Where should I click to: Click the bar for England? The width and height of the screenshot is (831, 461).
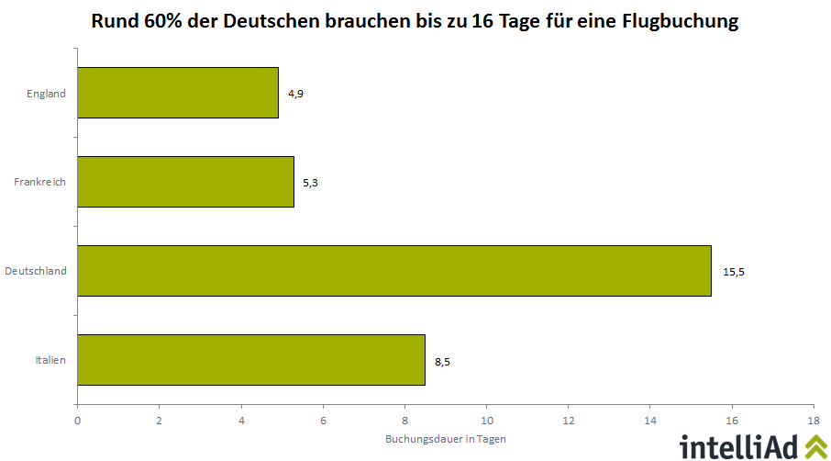(178, 93)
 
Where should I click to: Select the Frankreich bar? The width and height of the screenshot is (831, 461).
(185, 182)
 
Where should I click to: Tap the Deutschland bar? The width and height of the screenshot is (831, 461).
(394, 271)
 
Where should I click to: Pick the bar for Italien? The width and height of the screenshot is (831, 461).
(251, 360)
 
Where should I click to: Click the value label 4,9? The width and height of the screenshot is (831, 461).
(295, 94)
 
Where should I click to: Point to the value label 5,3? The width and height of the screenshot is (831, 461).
(310, 183)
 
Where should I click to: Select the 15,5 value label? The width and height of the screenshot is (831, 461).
(734, 272)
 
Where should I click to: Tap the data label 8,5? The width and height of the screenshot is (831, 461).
(442, 361)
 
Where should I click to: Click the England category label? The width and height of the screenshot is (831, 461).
(47, 94)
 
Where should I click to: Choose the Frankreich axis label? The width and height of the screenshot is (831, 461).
(40, 183)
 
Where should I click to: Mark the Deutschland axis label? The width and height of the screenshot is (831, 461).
(36, 272)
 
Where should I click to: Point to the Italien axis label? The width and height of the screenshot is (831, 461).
(50, 361)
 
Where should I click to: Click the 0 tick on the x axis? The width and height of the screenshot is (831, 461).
(78, 420)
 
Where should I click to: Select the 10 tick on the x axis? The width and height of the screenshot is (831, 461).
(486, 420)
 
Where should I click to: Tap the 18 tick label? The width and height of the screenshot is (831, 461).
(814, 420)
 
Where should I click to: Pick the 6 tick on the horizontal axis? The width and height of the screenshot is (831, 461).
(323, 420)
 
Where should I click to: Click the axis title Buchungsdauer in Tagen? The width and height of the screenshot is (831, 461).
(446, 439)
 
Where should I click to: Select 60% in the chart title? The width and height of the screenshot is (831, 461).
(162, 21)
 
